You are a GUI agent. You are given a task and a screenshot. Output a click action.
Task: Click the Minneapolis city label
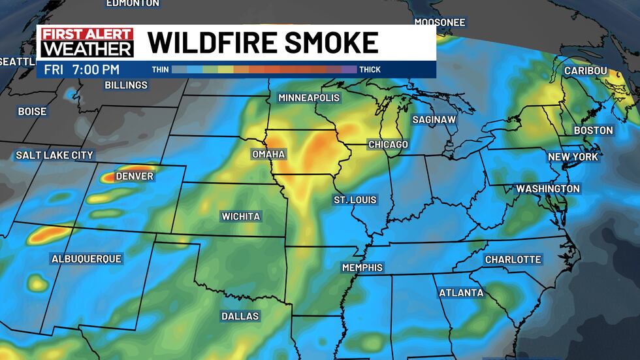pos(309,97)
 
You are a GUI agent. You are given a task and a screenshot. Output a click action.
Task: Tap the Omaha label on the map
pos(268,154)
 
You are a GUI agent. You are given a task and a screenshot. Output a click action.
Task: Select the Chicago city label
pos(388,144)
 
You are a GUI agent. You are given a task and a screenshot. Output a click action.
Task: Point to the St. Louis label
pos(355,199)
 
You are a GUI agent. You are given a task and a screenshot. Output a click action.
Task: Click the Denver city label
pos(135,176)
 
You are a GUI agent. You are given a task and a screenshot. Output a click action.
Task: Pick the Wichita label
pos(241,216)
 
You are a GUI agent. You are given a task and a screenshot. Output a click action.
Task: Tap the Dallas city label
pos(240,316)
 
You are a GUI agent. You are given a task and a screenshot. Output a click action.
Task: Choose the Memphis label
pos(362,268)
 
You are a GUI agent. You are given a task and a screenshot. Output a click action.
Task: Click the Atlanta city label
pos(461,293)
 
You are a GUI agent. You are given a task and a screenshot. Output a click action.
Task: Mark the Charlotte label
pos(513,259)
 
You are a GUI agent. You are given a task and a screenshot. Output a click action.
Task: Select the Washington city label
pos(548,189)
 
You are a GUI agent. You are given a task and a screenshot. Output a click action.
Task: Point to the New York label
pos(573,157)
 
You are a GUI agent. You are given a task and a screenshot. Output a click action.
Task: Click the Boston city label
pos(594,130)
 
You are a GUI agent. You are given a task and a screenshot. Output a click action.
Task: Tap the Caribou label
pos(586,71)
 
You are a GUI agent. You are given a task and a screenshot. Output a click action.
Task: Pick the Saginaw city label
pos(434,120)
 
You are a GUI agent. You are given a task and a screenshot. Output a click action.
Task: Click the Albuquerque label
pos(86,259)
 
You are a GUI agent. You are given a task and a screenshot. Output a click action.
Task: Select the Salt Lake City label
pos(55,155)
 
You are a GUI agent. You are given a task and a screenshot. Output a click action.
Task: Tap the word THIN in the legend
pos(160,69)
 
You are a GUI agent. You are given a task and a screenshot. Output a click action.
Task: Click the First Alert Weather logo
pos(87,42)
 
